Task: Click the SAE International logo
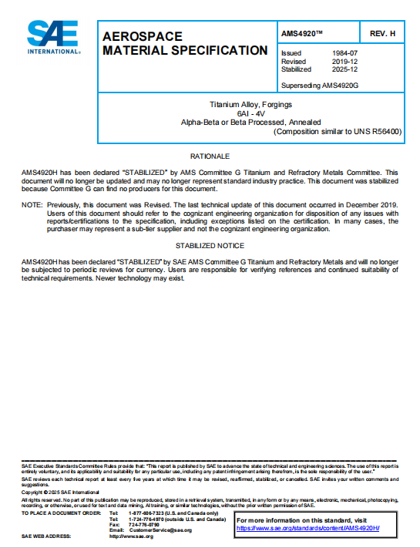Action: (x=54, y=37)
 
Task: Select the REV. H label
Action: (x=383, y=34)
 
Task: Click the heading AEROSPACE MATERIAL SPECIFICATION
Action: (x=185, y=43)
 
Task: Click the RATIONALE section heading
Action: (x=210, y=156)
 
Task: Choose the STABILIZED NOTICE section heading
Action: (x=210, y=245)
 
